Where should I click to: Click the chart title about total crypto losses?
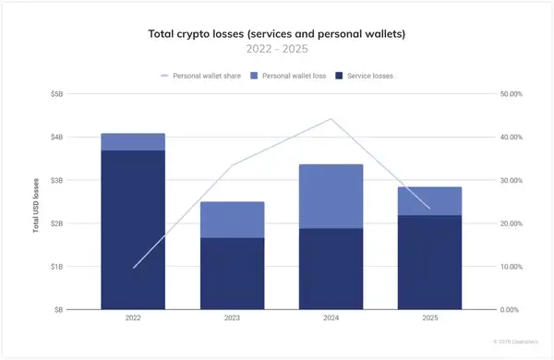tap(276, 33)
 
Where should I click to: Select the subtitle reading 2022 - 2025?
tap(276, 49)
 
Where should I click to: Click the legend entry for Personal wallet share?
tap(197, 76)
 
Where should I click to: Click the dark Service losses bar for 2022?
tap(133, 231)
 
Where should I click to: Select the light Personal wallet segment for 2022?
tap(133, 141)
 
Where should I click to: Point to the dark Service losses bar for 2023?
tap(232, 274)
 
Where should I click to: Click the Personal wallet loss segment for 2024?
tap(331, 196)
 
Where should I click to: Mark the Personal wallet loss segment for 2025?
tap(428, 200)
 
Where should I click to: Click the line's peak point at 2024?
tap(331, 119)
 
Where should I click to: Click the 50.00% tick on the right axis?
tap(511, 93)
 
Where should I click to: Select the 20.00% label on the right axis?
tap(511, 223)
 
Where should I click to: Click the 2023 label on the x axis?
tap(232, 319)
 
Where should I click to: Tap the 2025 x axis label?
tap(428, 319)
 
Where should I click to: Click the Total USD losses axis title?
tap(36, 202)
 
